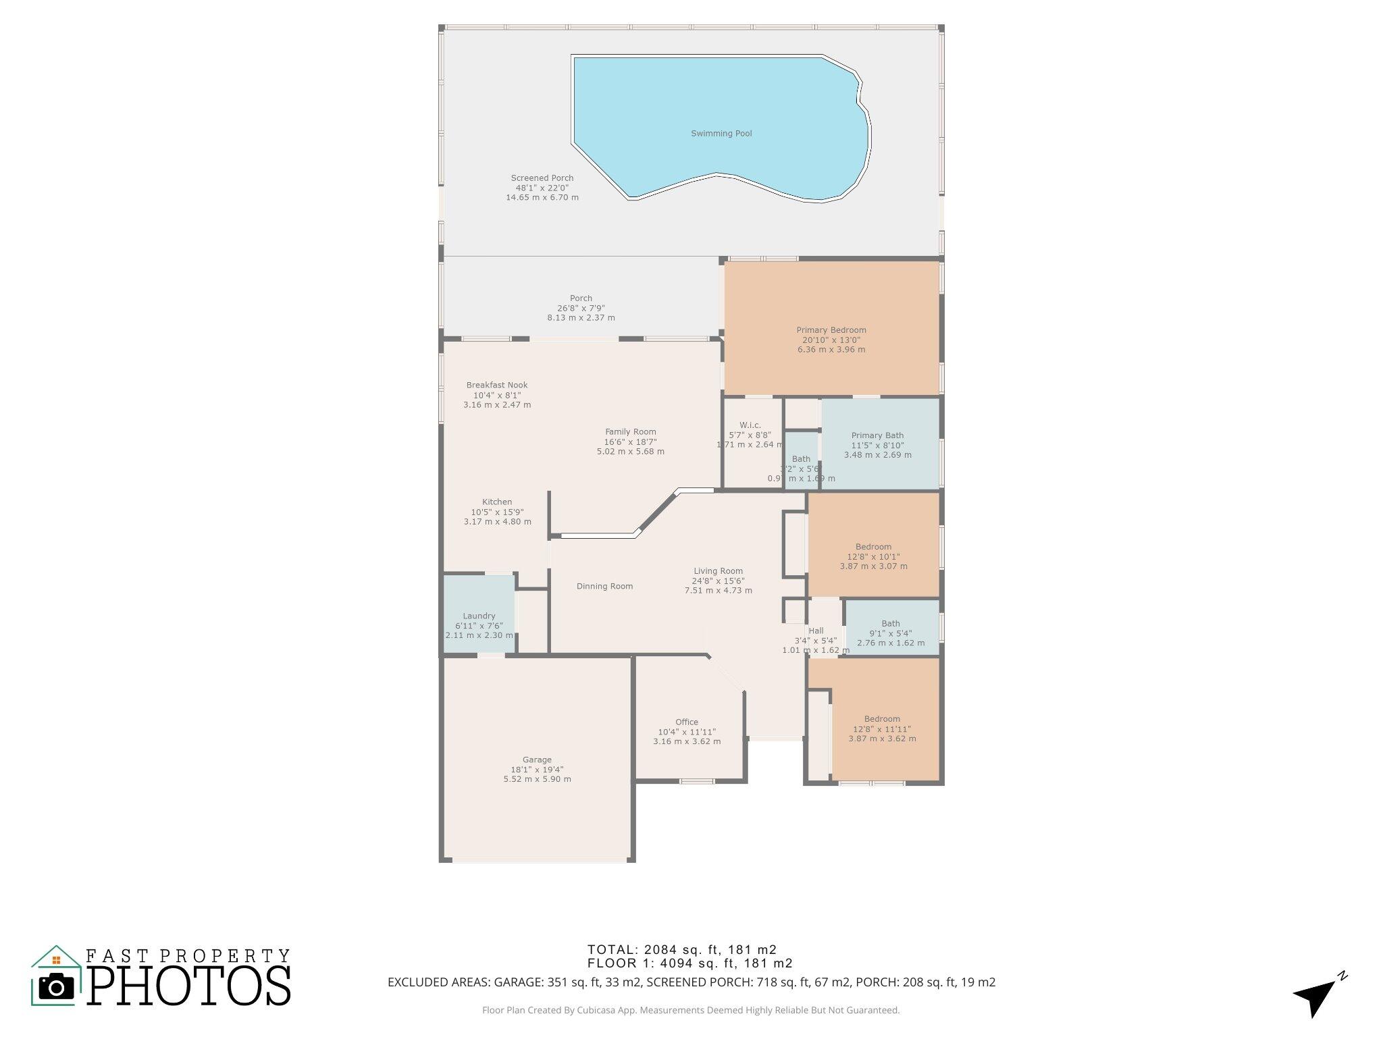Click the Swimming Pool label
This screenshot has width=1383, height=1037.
point(721,134)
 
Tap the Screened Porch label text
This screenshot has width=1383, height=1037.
point(542,178)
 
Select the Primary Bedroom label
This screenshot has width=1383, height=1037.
point(831,330)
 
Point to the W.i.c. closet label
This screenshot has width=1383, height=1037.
point(750,425)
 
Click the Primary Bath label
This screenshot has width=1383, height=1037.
point(877,435)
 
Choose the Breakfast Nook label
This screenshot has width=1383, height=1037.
point(497,385)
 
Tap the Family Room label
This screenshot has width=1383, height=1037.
point(630,432)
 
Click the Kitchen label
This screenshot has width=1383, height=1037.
point(497,502)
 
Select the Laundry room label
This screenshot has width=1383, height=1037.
point(479,616)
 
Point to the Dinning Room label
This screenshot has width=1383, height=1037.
point(604,587)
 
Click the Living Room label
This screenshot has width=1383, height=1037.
point(718,571)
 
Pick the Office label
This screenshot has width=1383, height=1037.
point(687,722)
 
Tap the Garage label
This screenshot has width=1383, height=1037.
point(537,760)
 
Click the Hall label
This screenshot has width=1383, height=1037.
point(816,631)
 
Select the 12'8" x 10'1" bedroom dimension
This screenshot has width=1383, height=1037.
point(873,557)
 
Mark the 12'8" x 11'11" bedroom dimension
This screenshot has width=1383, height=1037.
point(882,729)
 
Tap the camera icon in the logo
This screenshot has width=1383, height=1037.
point(57,987)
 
